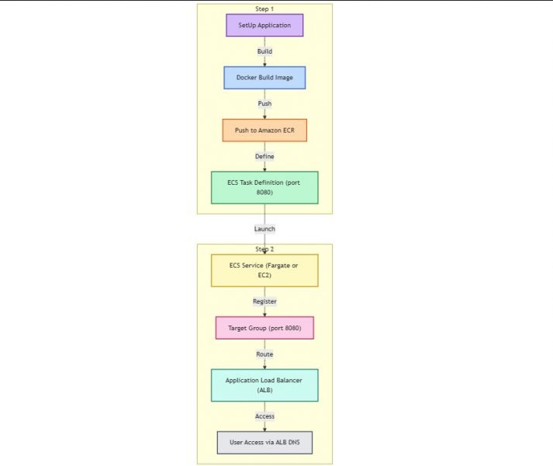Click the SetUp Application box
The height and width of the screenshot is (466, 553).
pyautogui.click(x=264, y=26)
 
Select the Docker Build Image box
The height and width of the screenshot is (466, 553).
pyautogui.click(x=264, y=78)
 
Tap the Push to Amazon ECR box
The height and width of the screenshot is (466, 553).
pyautogui.click(x=264, y=130)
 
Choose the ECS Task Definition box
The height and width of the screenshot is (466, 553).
pyautogui.click(x=264, y=187)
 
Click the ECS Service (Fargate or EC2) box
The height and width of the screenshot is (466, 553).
pyautogui.click(x=264, y=270)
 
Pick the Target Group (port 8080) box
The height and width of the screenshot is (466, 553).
pyautogui.click(x=264, y=328)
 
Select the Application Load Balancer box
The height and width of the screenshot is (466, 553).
pyautogui.click(x=264, y=385)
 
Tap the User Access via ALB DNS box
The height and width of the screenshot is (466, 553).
pyautogui.click(x=264, y=443)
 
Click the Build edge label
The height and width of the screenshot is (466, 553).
pyautogui.click(x=264, y=51)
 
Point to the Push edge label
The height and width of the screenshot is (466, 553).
pyautogui.click(x=264, y=103)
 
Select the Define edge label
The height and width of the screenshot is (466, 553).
pyautogui.click(x=264, y=156)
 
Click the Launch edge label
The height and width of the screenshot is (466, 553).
pyautogui.click(x=264, y=229)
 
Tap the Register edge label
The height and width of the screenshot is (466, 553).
pyautogui.click(x=264, y=301)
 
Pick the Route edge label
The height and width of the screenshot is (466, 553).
pyautogui.click(x=264, y=354)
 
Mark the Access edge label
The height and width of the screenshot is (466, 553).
pyautogui.click(x=264, y=416)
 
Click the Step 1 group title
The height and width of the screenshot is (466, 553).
pyautogui.click(x=264, y=9)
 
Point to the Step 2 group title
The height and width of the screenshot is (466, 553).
pyautogui.click(x=264, y=249)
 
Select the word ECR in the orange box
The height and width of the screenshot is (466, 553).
pyautogui.click(x=287, y=130)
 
